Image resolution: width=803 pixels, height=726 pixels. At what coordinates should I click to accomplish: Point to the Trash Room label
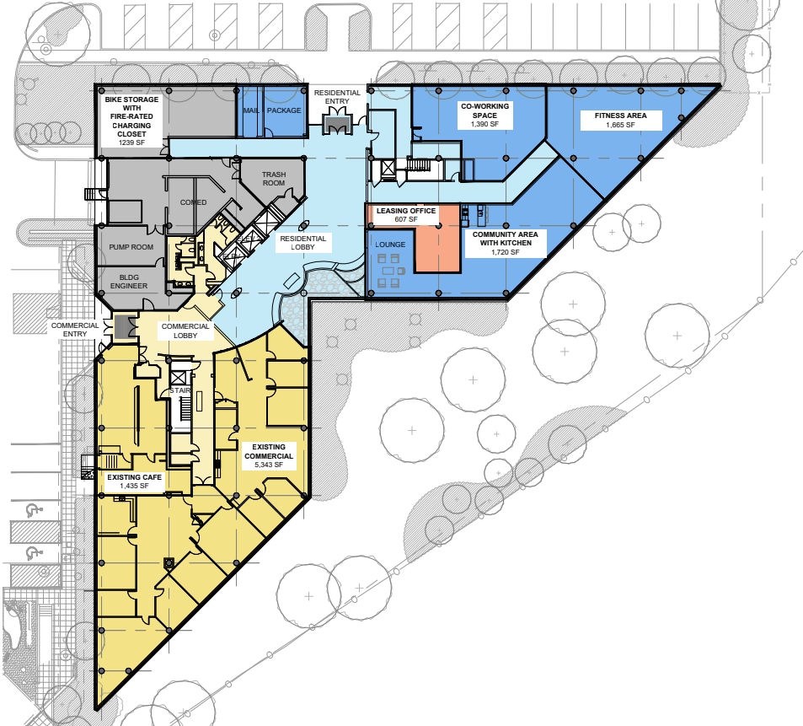[x=274, y=179]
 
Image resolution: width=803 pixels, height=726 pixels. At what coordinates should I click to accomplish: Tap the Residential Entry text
[x=337, y=97]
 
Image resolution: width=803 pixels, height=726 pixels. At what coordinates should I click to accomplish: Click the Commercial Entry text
[x=75, y=330]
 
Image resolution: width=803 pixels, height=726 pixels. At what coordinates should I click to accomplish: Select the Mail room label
[x=250, y=110]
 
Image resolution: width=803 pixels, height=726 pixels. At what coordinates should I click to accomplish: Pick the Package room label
[x=284, y=110]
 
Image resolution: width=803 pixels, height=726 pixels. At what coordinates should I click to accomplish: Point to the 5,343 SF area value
[x=265, y=465]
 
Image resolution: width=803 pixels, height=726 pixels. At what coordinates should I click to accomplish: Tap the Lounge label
[x=391, y=245]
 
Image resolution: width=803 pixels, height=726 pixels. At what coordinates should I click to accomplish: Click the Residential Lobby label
[x=302, y=244]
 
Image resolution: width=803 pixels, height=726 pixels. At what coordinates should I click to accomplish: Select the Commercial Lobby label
[x=185, y=331]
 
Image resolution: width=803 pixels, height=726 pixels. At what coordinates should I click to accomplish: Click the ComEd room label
[x=193, y=202]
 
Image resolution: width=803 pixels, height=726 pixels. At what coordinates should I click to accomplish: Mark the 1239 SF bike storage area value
[x=132, y=143]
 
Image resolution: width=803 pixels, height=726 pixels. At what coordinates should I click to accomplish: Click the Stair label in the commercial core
[x=178, y=390]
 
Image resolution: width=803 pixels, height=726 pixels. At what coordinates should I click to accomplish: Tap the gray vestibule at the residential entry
[x=337, y=125]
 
